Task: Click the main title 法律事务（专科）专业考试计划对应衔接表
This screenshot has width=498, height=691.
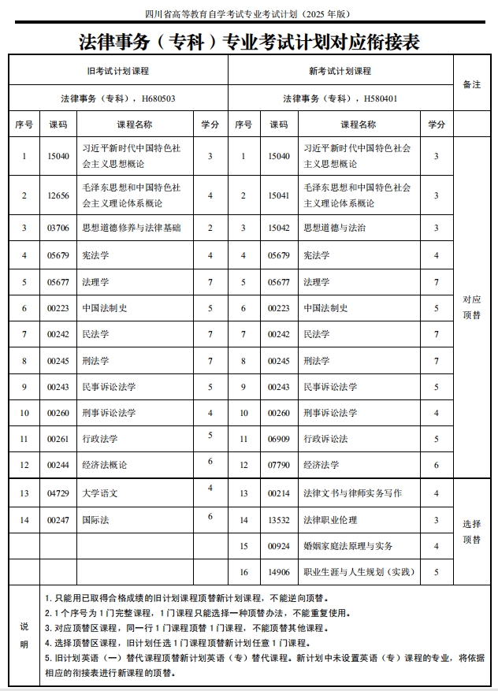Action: (x=249, y=42)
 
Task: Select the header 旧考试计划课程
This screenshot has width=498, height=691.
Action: (x=118, y=71)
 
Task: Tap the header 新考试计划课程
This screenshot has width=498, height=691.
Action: (x=340, y=71)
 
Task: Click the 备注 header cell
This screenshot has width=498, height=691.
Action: (x=472, y=84)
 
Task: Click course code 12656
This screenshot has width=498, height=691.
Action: (x=58, y=195)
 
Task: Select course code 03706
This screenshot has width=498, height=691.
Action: (x=58, y=228)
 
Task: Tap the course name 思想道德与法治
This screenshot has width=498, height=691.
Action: (x=334, y=228)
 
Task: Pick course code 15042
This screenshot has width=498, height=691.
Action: (x=279, y=228)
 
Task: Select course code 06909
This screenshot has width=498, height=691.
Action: (x=279, y=439)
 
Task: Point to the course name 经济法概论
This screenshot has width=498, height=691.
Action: (x=105, y=465)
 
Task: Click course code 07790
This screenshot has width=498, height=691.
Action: (x=279, y=465)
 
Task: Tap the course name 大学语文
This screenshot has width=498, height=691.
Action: (x=100, y=493)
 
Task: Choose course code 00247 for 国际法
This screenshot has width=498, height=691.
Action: (x=58, y=520)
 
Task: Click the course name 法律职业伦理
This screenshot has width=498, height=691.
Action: (x=330, y=520)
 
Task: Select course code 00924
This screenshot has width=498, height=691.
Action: (x=279, y=546)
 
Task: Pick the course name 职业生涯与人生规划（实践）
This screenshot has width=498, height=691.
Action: (x=359, y=572)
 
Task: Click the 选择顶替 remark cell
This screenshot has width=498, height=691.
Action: (x=472, y=533)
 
